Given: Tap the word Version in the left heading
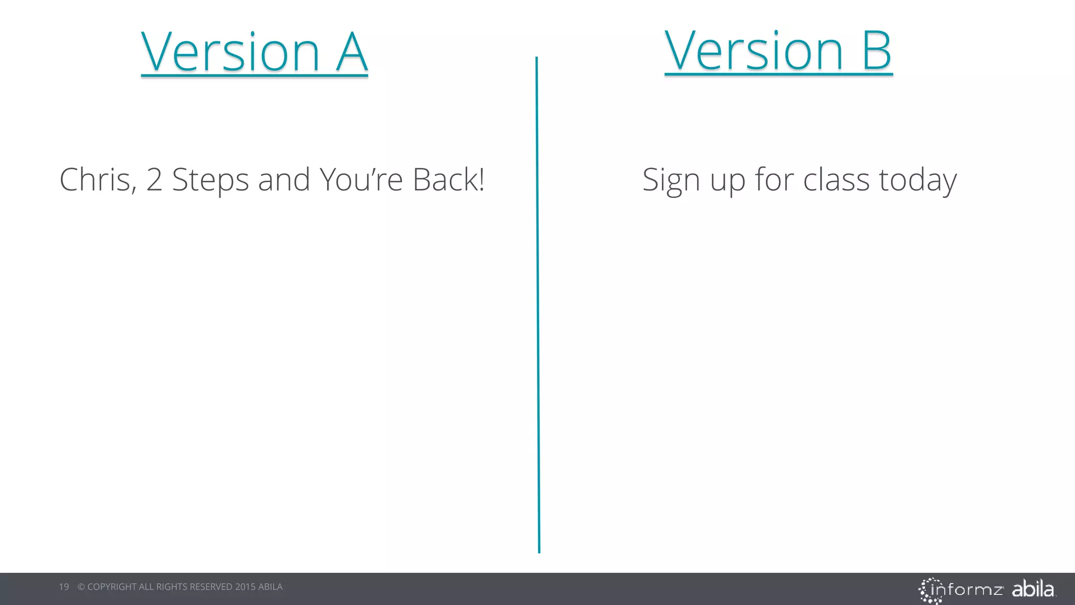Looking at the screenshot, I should click(x=230, y=53).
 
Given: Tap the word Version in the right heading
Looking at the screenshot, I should click(x=754, y=51).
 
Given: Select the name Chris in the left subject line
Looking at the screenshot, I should click(x=98, y=180).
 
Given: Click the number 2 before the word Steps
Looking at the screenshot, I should click(x=154, y=180).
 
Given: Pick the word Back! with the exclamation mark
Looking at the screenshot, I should click(x=448, y=180).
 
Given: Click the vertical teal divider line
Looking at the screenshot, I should click(x=537, y=305).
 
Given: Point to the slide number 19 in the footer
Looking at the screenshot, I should click(x=64, y=587).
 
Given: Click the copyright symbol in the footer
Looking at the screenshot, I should click(x=81, y=587).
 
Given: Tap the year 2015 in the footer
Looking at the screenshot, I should click(x=245, y=587).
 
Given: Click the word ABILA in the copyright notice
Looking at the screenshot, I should click(x=270, y=587).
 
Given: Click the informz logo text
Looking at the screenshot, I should click(x=967, y=590).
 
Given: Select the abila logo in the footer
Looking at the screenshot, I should click(x=1032, y=589).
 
